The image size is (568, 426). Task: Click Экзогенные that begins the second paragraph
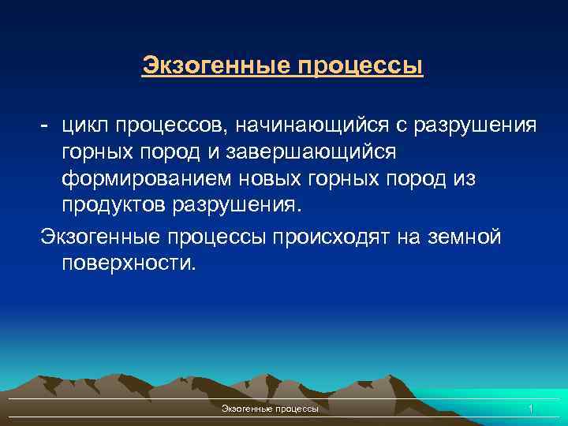[104, 236]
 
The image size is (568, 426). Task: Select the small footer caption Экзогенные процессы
[271, 409]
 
